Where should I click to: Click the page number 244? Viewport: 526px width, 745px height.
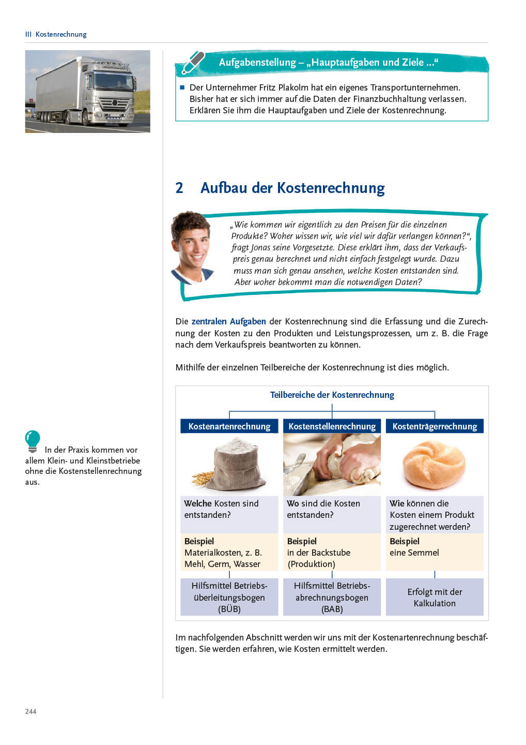[x=30, y=711]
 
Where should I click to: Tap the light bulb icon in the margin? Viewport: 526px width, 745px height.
[x=33, y=441]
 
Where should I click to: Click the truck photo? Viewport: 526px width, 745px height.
[x=87, y=91]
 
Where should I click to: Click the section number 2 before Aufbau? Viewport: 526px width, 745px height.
[x=179, y=188]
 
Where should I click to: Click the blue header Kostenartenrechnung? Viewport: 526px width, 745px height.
[x=229, y=426]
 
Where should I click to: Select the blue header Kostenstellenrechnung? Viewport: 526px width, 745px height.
[x=332, y=426]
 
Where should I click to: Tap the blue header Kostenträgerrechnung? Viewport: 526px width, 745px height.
[x=435, y=426]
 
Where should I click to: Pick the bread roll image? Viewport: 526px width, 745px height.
[x=434, y=465]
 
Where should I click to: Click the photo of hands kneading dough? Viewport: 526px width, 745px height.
[x=332, y=464]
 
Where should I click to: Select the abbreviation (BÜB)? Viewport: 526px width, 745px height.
[x=229, y=609]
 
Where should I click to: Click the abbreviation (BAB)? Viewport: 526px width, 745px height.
[x=332, y=609]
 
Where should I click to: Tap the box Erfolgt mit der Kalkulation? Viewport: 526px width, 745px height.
[x=435, y=598]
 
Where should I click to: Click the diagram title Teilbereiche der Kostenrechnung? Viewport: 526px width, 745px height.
[x=332, y=395]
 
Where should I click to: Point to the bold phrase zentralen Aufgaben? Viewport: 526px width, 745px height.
[x=228, y=321]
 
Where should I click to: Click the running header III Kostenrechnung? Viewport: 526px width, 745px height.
[x=56, y=34]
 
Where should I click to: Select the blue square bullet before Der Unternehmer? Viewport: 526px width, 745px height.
[x=182, y=87]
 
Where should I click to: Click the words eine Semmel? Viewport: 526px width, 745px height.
[x=414, y=553]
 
